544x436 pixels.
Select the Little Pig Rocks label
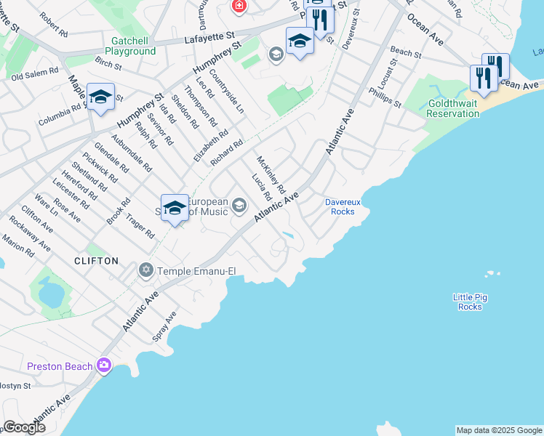470,302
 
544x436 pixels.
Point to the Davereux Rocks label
339,206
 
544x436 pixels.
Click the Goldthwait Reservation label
452,109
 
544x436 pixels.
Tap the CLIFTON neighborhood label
96,260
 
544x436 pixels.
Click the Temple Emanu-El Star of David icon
145,271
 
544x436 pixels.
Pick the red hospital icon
239,6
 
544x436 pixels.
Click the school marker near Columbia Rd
100,97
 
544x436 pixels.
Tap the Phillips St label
385,97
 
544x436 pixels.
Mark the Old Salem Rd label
35,73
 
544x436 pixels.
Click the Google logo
24,427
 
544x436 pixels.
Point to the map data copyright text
499,430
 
